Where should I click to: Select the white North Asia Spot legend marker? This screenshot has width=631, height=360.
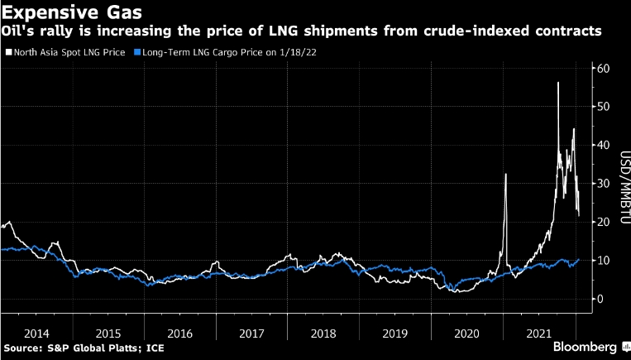(x=7, y=52)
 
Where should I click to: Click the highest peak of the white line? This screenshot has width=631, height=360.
(x=558, y=83)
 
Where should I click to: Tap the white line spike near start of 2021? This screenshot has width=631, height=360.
(x=505, y=175)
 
